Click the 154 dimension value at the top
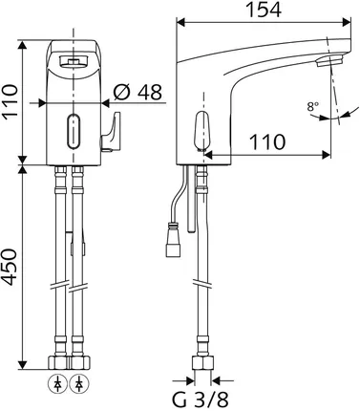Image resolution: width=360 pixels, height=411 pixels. point(265,10)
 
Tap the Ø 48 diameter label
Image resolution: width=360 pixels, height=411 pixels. point(138,92)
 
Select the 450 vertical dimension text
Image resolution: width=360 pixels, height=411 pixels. point(9,267)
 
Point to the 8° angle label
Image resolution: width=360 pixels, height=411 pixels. point(312,106)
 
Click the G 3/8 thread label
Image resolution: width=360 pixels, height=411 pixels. point(201,400)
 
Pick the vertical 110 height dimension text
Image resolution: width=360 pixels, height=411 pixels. point(9,102)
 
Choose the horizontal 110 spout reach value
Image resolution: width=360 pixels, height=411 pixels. point(267,141)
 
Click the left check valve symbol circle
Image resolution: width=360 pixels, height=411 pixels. point(57,384)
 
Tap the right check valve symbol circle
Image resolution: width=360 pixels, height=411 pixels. point(79,384)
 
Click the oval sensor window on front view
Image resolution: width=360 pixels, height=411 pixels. point(74,131)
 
